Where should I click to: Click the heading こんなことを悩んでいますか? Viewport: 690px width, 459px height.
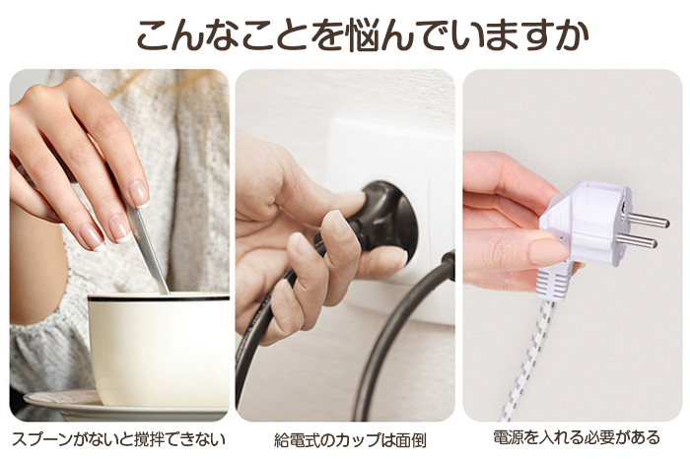[x=363, y=34]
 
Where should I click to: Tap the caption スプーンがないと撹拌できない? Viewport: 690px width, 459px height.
[x=118, y=439]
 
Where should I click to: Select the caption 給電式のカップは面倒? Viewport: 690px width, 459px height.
[x=350, y=439]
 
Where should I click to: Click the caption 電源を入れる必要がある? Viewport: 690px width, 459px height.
[x=577, y=437]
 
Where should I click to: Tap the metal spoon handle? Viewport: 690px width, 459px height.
[x=148, y=246]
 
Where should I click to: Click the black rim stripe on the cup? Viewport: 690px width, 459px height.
[x=159, y=298]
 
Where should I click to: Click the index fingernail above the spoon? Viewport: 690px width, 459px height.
[x=138, y=193]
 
